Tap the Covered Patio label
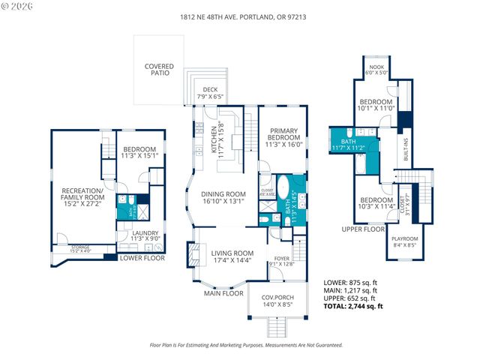pyautogui.click(x=159, y=70)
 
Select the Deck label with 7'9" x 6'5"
pyautogui.click(x=205, y=93)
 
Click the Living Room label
pyautogui.click(x=232, y=257)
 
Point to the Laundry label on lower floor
pyautogui.click(x=145, y=236)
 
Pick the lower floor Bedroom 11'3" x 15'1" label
pyautogui.click(x=139, y=153)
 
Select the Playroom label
pyautogui.click(x=406, y=241)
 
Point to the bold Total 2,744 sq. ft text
pyautogui.click(x=352, y=306)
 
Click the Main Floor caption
pyautogui.click(x=223, y=293)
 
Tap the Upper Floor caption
pyautogui.click(x=362, y=229)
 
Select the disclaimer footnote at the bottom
pyautogui.click(x=247, y=345)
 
